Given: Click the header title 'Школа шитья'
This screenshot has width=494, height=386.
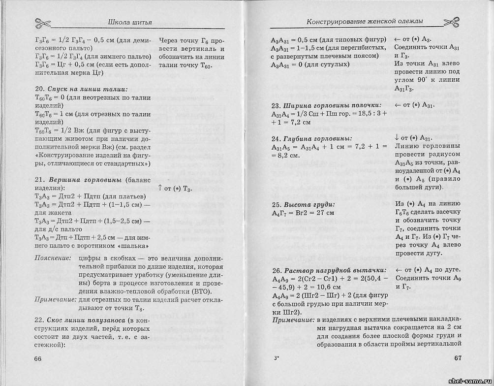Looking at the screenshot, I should point(129,22).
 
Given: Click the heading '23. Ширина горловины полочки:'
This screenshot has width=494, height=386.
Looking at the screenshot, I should point(326,105).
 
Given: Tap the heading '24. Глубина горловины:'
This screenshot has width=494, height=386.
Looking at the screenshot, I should point(311,138).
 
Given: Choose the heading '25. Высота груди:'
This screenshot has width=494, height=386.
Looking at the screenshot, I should point(303,204).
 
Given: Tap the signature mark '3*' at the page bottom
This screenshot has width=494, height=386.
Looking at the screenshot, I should point(277,358).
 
